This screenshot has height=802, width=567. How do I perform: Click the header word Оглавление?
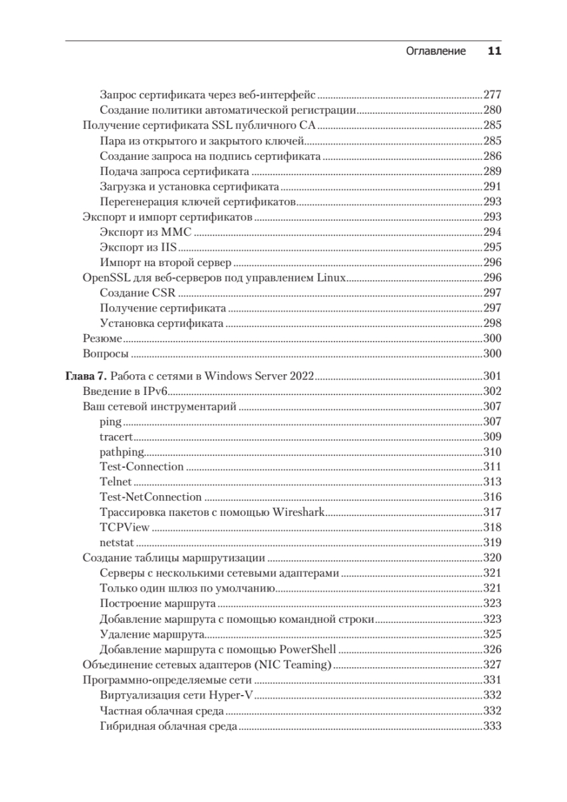435,51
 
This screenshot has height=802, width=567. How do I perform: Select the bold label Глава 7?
86,376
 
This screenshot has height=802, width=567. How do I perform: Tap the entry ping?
110,422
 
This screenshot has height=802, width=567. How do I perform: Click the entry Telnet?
116,483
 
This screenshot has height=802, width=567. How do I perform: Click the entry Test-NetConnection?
150,497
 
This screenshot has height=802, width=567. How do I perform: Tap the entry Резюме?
102,339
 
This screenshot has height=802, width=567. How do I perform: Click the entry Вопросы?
105,354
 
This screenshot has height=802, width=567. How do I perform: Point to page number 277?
492,95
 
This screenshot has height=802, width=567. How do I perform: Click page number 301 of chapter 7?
492,376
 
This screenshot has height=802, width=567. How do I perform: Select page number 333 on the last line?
492,727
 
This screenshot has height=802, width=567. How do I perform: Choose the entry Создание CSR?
138,293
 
